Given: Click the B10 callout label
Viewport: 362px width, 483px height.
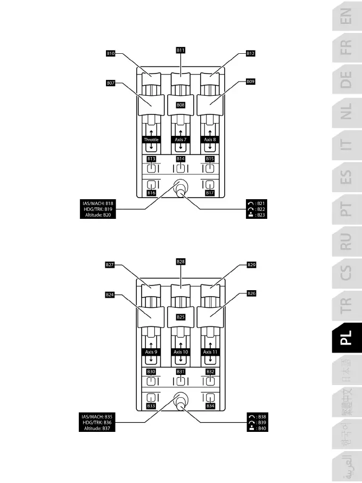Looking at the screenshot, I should click(x=111, y=53).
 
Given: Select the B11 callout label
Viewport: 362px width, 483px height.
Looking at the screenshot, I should click(x=181, y=50).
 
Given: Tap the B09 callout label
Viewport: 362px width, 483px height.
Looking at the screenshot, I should click(x=251, y=82).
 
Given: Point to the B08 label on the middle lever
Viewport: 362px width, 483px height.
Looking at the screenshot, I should click(x=181, y=105).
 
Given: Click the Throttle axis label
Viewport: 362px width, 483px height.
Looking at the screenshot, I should click(x=151, y=140).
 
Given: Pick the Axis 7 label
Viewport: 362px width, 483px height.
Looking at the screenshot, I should click(x=181, y=140).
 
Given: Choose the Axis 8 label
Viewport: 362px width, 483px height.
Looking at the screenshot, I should click(x=210, y=140).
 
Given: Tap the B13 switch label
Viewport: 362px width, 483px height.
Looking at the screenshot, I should click(x=151, y=159).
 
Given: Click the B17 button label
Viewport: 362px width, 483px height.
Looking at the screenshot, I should click(x=210, y=193).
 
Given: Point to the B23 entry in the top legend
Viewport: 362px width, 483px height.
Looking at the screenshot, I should click(x=257, y=215).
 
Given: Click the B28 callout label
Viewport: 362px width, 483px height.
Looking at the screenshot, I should click(x=181, y=261).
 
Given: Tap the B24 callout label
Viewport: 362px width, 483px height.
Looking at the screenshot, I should click(x=110, y=294).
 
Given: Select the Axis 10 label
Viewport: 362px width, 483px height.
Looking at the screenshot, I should click(x=181, y=352).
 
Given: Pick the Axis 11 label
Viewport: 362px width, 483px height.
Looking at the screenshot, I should click(x=210, y=352).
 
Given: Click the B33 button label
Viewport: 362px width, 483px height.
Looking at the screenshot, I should click(x=151, y=406).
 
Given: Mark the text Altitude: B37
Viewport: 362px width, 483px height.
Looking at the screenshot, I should click(x=100, y=428).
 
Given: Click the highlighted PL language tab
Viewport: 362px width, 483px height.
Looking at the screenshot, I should click(x=346, y=337).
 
